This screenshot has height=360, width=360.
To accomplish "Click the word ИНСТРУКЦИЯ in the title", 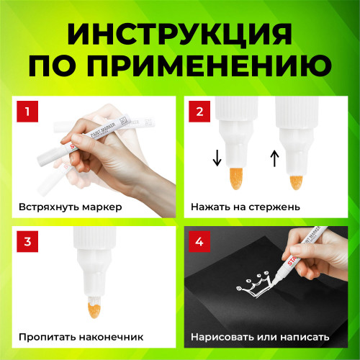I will point(180,32).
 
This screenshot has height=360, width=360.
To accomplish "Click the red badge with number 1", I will point(27,112).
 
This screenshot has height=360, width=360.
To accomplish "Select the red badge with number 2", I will point(198,112).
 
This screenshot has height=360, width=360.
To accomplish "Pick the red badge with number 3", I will point(27,241).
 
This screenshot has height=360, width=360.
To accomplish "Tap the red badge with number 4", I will point(198,241).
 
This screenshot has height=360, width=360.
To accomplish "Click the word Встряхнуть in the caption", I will point(48,207).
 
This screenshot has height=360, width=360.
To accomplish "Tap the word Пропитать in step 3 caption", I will point(46,336).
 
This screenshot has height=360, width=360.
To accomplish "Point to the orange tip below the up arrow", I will point(295,177).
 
